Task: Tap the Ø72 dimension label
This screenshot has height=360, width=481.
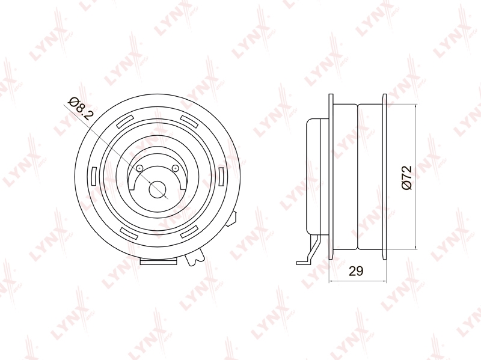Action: [x=406, y=178]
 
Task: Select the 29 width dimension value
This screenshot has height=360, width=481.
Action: [x=356, y=271]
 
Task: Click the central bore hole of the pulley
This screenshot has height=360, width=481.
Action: [x=158, y=189]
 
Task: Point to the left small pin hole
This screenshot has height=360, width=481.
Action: [x=139, y=168]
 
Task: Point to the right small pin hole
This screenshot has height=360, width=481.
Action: [x=175, y=168]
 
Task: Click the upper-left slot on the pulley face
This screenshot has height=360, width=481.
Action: [x=125, y=121]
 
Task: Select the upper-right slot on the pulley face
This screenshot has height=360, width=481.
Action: [x=189, y=121]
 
